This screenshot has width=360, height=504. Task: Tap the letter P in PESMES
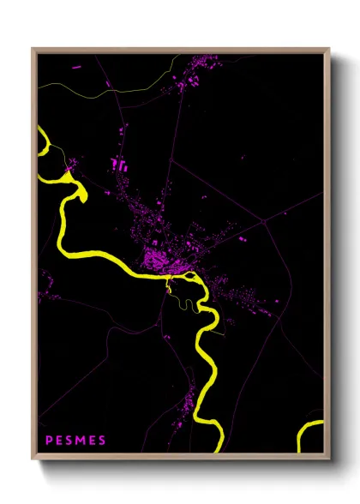pyautogui.click(x=48, y=441)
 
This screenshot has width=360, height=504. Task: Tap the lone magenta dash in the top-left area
pyautogui.click(x=76, y=65)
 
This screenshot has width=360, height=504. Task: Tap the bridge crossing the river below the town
pyautogui.click(x=170, y=279)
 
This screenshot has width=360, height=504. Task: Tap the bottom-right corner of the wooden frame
pyautogui.click(x=328, y=459)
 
